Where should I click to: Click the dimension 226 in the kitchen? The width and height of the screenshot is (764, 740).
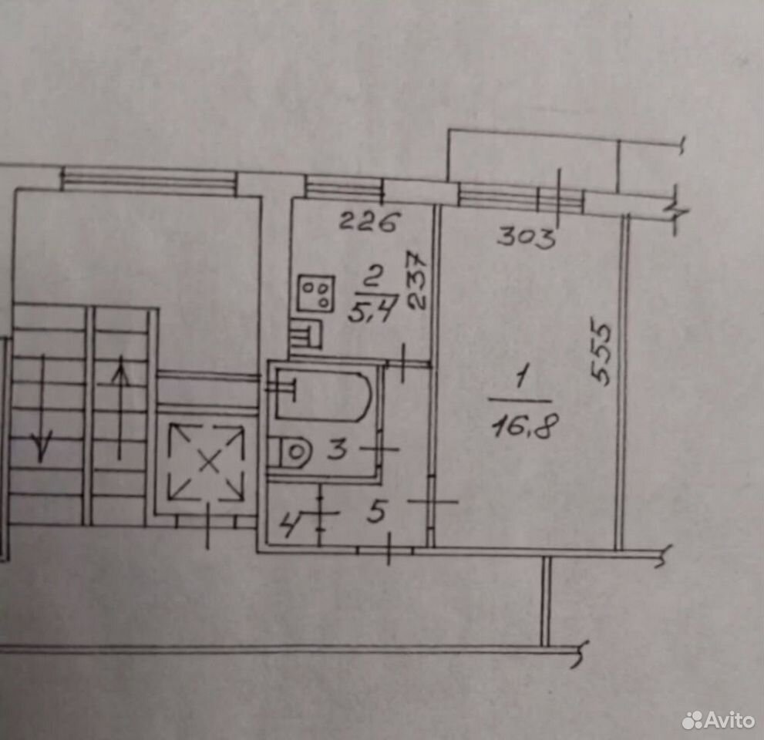pos(369,222)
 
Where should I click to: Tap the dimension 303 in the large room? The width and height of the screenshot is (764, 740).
pos(527,237)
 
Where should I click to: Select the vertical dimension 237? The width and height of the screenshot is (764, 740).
pos(417,281)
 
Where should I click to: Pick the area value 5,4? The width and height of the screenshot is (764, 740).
pos(372,308)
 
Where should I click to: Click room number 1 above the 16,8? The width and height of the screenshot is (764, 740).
pos(521,379)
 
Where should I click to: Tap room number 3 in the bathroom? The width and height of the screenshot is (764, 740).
pos(337,449)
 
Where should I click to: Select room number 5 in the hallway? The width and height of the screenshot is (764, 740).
pos(377,512)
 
